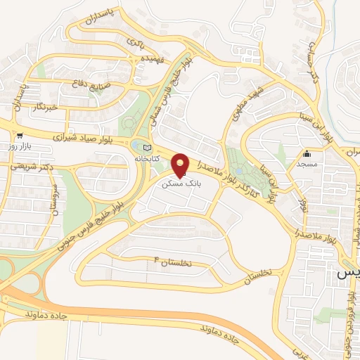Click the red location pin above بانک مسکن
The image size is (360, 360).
[x=181, y=164]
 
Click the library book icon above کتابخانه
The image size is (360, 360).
[x=146, y=148]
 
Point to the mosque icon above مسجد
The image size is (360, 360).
[x=306, y=154]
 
